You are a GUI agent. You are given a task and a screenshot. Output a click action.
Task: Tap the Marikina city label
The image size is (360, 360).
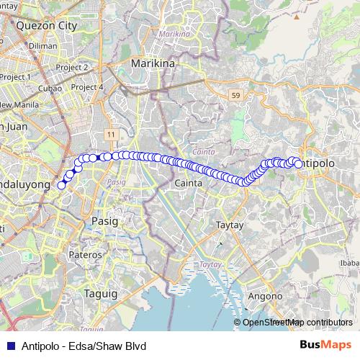[153, 63]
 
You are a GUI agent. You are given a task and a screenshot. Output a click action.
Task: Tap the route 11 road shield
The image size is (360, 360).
[110, 135]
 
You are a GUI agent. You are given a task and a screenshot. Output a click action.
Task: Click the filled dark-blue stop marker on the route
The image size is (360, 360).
[93, 158]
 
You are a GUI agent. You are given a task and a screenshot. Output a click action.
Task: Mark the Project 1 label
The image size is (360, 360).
[16, 76]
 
